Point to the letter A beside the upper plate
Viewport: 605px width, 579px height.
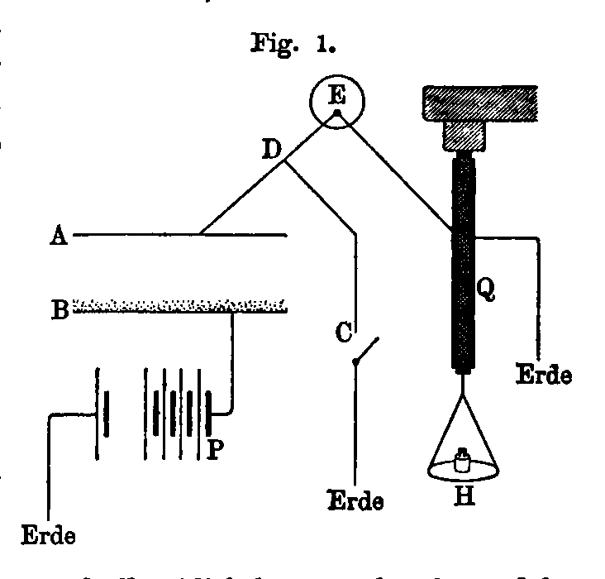pyautogui.click(x=57, y=237)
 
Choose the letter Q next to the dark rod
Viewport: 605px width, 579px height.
pyautogui.click(x=486, y=289)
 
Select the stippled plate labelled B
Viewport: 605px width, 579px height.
pyautogui.click(x=180, y=306)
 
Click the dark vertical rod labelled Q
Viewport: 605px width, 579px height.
pyautogui.click(x=464, y=265)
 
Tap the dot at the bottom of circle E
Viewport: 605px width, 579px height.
pyautogui.click(x=336, y=111)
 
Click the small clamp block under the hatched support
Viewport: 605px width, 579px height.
pyautogui.click(x=464, y=136)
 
